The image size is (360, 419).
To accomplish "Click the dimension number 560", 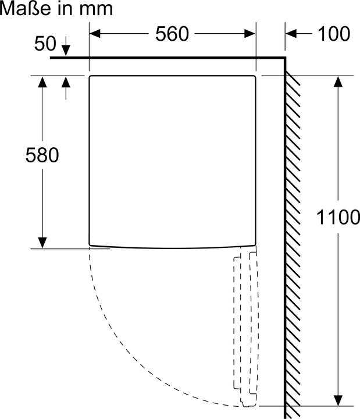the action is [172, 34].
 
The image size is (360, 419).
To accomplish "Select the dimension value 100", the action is [334, 34].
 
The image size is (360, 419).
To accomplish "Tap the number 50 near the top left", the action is [45, 43].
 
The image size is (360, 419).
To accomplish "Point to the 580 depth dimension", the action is [42, 155].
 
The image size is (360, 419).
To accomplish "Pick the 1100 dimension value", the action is [338, 217].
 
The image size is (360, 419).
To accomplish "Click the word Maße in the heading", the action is [26, 9].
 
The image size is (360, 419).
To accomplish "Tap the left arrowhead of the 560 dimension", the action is [95, 34].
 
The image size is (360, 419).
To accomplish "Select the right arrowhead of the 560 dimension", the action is [250, 34].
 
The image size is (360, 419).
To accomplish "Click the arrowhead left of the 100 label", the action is [291, 34].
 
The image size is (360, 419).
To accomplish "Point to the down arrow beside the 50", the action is [66, 46].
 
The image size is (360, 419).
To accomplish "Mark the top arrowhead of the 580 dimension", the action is [42, 82].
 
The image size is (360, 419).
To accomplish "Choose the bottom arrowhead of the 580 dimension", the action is [42, 243].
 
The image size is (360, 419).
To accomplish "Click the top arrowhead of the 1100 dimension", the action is [338, 81].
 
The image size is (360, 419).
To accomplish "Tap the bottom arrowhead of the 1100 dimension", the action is [338, 400].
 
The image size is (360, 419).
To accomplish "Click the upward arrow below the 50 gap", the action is [66, 88].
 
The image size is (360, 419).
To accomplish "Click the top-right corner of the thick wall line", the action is [285, 58].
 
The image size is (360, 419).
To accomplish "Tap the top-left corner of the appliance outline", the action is [90, 76].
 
